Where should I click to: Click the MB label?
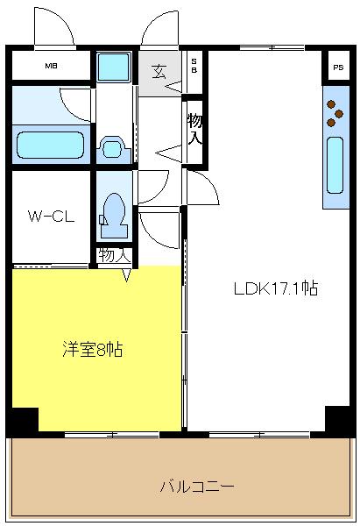tap(52, 66)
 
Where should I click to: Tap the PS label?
tap(338, 68)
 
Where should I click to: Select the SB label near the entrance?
tap(194, 66)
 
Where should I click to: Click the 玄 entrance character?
tap(159, 72)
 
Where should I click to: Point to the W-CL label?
tap(51, 217)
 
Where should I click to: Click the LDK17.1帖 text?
tap(276, 288)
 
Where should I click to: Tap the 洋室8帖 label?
tap(92, 349)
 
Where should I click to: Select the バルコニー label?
tap(197, 486)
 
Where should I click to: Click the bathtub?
tap(50, 145)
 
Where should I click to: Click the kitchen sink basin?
tap(335, 165)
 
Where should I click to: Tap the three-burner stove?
tap(335, 113)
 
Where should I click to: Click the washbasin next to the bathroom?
tap(113, 147)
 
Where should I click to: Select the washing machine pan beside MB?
tap(113, 68)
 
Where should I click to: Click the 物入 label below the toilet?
tap(114, 256)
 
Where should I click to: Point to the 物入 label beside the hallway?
tap(194, 129)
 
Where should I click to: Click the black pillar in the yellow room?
tap(23, 421)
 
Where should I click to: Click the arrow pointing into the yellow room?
tap(126, 274)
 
